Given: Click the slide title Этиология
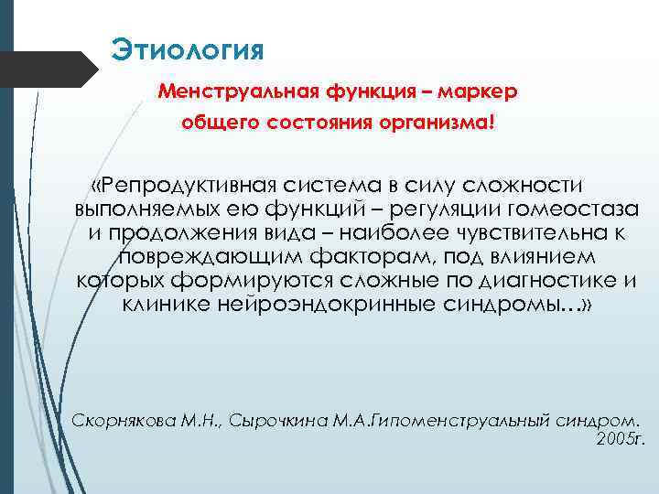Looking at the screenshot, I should coord(188,48).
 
